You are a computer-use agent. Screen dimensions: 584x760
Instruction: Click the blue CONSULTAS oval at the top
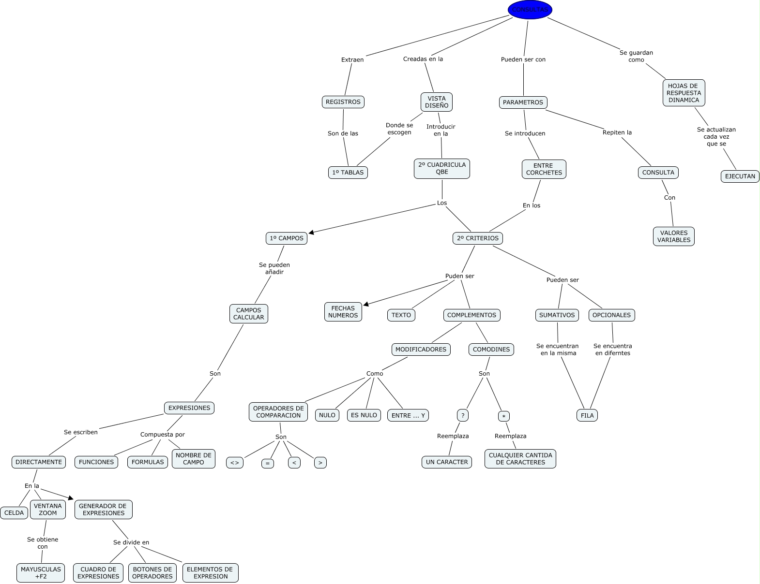pyautogui.click(x=530, y=10)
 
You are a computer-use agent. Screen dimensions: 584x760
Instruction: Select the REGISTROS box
pyautogui.click(x=343, y=102)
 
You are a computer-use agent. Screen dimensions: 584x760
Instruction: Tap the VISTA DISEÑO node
pyautogui.click(x=437, y=102)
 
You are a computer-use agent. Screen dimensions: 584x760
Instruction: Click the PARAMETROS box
pyautogui.click(x=523, y=102)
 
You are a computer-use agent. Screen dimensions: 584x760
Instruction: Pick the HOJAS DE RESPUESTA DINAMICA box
pyautogui.click(x=684, y=93)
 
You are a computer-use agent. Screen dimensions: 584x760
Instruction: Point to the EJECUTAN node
pyautogui.click(x=740, y=176)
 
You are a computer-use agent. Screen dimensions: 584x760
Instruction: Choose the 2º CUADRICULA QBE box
pyautogui.click(x=441, y=168)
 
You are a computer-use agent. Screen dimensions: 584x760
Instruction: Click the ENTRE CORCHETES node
pyautogui.click(x=544, y=169)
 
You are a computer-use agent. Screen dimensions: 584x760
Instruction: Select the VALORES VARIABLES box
pyautogui.click(x=673, y=236)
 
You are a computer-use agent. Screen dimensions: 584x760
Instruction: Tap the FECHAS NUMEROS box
pyautogui.click(x=343, y=312)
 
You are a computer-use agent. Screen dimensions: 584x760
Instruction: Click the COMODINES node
pyautogui.click(x=491, y=350)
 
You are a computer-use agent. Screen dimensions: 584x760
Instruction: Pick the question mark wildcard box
pyautogui.click(x=463, y=415)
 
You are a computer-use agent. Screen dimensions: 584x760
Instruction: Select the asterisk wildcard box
pyautogui.click(x=503, y=416)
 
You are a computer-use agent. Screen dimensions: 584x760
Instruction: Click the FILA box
pyautogui.click(x=587, y=415)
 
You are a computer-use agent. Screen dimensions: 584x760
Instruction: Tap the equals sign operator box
pyautogui.click(x=267, y=463)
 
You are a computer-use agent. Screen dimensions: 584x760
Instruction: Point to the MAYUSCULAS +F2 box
pyautogui.click(x=41, y=573)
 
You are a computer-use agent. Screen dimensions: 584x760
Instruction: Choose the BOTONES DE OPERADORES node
pyautogui.click(x=152, y=573)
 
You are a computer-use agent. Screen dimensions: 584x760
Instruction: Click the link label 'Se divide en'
pyautogui.click(x=131, y=542)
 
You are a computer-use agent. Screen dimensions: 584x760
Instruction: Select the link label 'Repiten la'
pyautogui.click(x=617, y=132)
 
